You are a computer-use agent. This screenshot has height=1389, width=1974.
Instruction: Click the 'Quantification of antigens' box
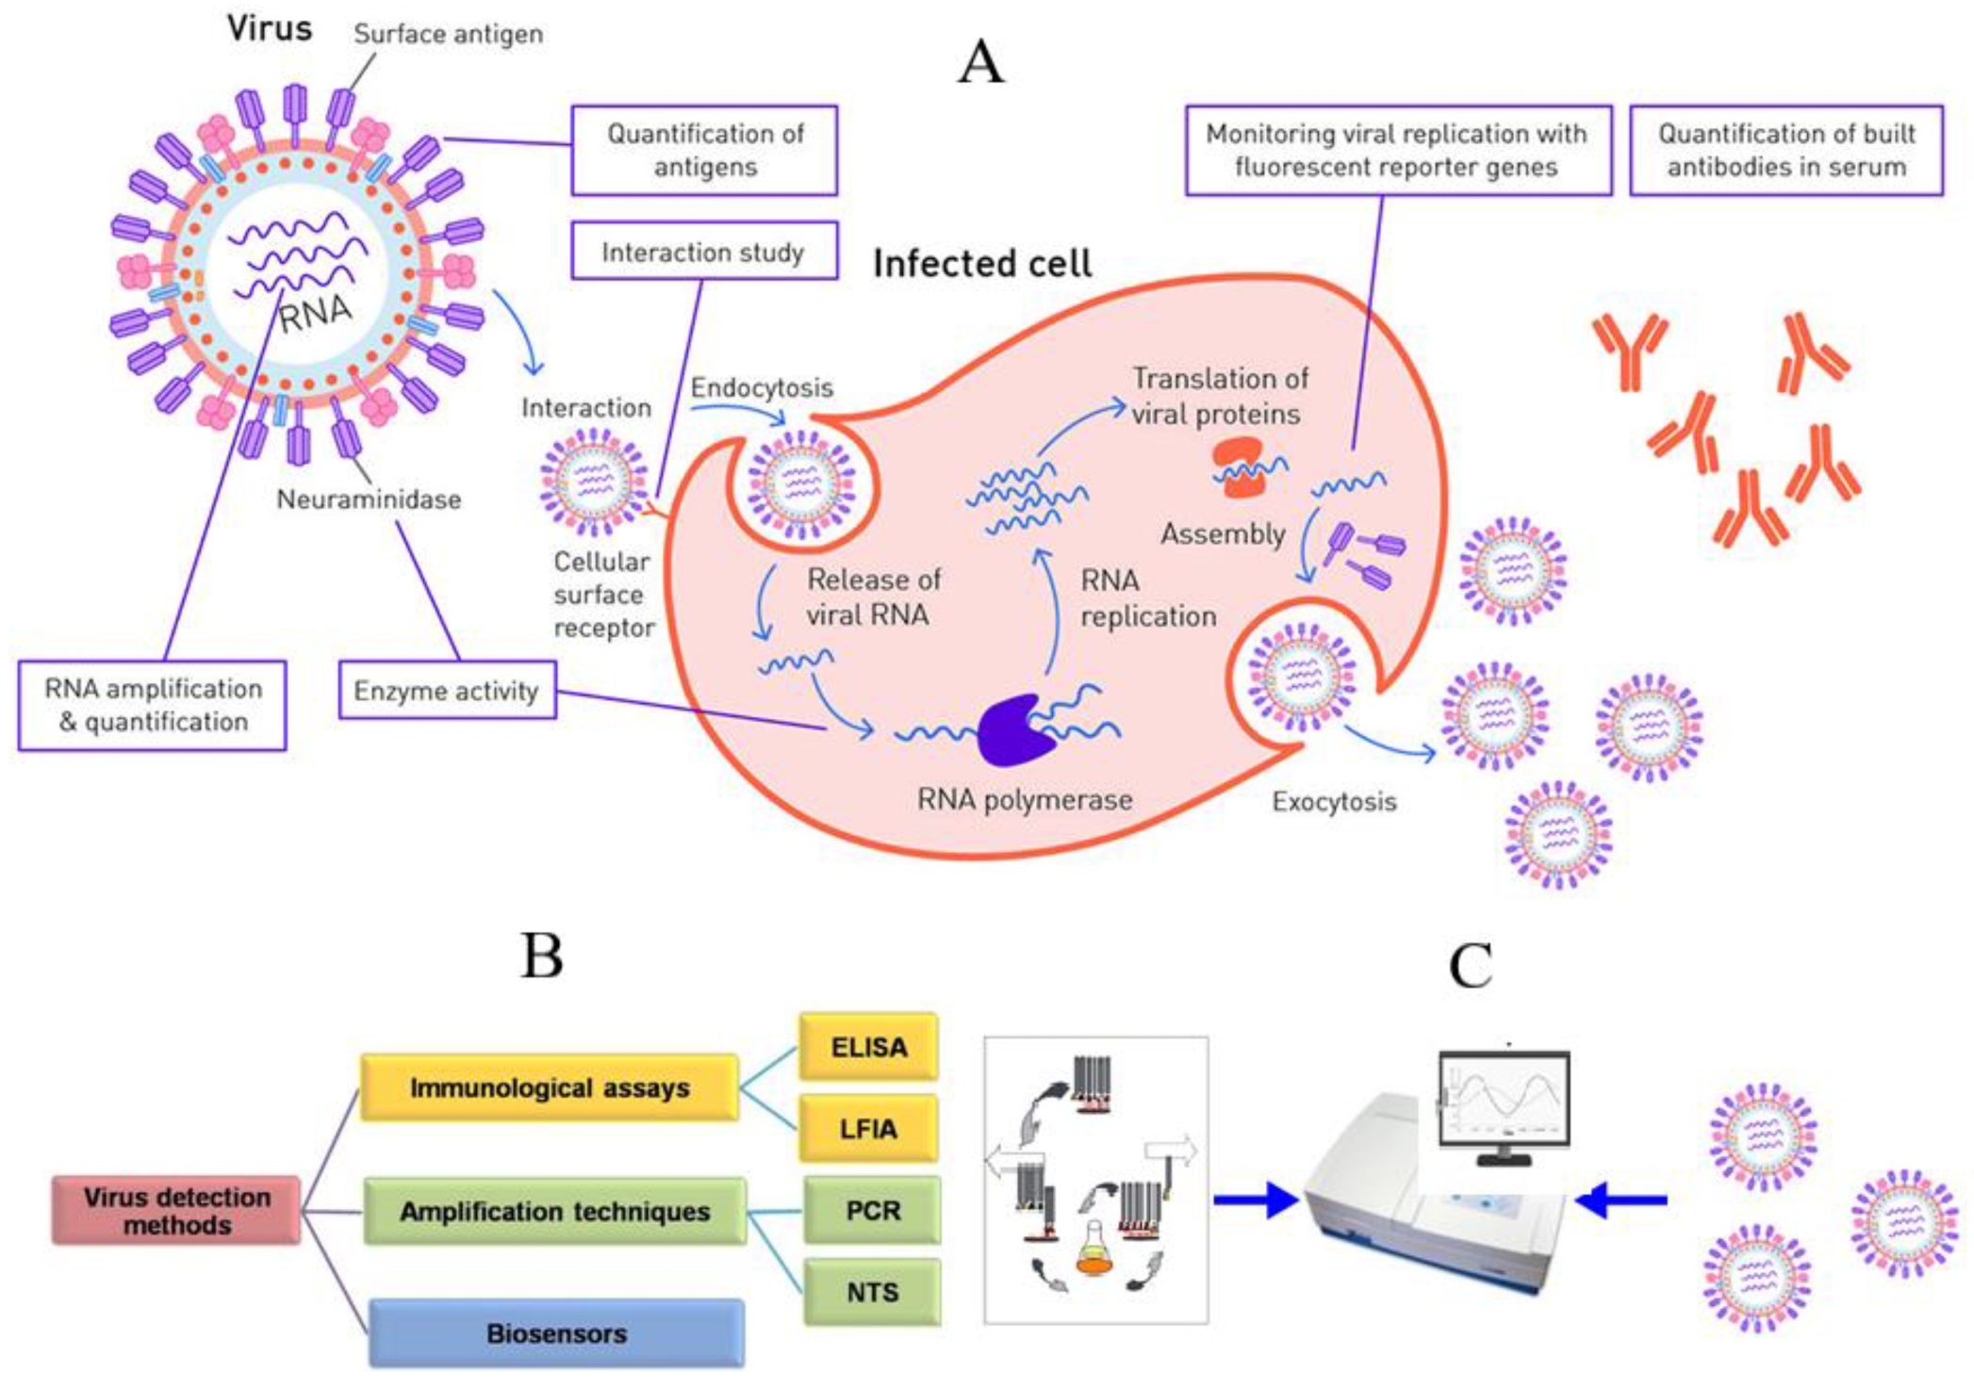pos(704,151)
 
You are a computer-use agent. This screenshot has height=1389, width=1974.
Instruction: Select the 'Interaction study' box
pos(704,252)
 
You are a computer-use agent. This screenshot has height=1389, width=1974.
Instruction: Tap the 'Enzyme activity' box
pos(447,691)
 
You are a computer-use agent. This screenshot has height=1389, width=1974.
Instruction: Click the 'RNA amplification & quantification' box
pos(153,705)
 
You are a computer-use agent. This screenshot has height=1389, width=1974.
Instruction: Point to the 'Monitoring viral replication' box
pos(1397,151)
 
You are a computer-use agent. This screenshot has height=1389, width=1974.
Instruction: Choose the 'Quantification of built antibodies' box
pos(1786,151)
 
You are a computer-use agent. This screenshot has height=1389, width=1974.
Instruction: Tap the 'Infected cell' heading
pos(982,264)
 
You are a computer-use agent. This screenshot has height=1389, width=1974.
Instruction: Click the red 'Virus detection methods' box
pos(177,1210)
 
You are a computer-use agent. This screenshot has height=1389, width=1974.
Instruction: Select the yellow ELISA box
pos(868,1047)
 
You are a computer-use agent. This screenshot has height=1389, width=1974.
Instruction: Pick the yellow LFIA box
pos(868,1128)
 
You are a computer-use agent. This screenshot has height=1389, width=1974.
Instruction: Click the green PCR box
pos(872,1210)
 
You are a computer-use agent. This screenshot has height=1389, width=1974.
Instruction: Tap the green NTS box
pos(872,1292)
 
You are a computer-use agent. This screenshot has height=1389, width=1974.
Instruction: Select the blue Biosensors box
pos(556,1333)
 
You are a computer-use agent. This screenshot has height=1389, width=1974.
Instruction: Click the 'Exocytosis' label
pos(1334,802)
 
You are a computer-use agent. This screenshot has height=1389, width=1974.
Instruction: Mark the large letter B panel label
pos(542,956)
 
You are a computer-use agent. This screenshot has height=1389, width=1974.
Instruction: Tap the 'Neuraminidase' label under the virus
pos(369,499)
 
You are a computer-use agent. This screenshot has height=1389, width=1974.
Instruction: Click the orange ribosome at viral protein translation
pos(1239,468)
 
